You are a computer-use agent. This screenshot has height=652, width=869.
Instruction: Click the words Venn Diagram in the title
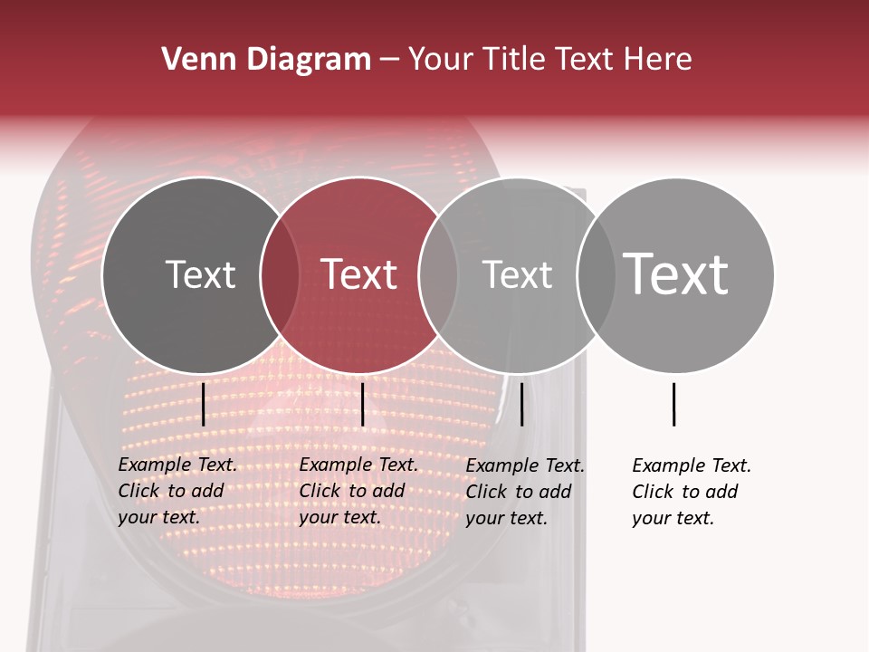pyautogui.click(x=266, y=60)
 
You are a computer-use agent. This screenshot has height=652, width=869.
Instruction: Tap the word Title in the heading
pyautogui.click(x=515, y=60)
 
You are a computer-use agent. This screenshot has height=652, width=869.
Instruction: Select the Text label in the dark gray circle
pyautogui.click(x=200, y=274)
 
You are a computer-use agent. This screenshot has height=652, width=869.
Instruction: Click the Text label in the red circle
pyautogui.click(x=358, y=274)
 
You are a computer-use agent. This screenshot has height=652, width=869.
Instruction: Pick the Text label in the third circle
pyautogui.click(x=517, y=274)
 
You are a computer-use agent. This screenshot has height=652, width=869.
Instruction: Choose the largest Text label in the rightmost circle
pyautogui.click(x=675, y=274)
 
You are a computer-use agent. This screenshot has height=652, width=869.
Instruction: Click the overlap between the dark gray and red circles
pyautogui.click(x=279, y=275)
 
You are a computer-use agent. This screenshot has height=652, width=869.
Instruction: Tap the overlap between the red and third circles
pyautogui.click(x=437, y=275)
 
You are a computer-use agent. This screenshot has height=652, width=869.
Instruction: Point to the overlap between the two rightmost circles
pyautogui.click(x=596, y=275)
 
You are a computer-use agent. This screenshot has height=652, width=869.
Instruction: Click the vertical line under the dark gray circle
pyautogui.click(x=204, y=404)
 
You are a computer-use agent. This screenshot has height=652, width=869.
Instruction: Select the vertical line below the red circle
pyautogui.click(x=362, y=404)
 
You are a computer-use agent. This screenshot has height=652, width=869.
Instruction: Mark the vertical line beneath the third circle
pyautogui.click(x=521, y=404)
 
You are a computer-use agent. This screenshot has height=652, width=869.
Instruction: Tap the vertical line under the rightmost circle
pyautogui.click(x=673, y=404)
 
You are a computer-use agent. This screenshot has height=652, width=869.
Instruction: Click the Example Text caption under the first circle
pyautogui.click(x=177, y=491)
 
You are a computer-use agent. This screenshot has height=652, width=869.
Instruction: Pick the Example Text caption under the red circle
pyautogui.click(x=358, y=491)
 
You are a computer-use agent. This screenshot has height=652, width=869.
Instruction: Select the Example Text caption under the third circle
pyautogui.click(x=524, y=492)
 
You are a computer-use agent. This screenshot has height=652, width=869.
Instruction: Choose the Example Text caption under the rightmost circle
pyautogui.click(x=691, y=492)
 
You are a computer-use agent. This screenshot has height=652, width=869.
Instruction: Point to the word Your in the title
pyautogui.click(x=441, y=60)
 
